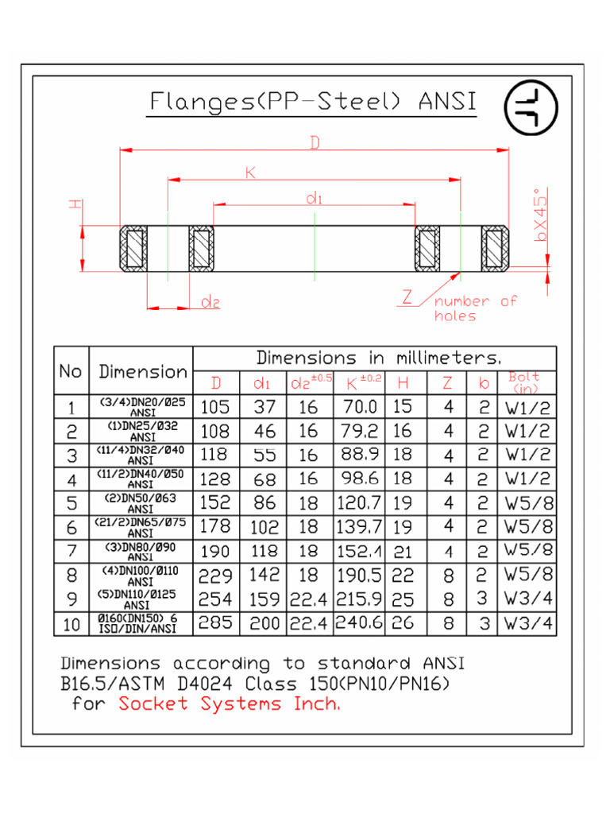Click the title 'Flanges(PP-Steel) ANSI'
point(313,103)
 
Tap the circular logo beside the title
point(531,107)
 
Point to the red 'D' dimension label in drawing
point(315,142)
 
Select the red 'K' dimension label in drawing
point(249,172)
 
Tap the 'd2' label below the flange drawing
point(210,301)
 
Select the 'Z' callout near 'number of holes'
point(407,298)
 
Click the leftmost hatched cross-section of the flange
point(132,248)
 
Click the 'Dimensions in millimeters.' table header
point(378,358)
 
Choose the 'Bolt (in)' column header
point(525,382)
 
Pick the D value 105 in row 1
point(214,408)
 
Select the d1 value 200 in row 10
point(264,624)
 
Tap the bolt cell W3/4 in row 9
point(527,599)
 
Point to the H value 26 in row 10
point(403,623)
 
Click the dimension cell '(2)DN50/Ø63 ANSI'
point(141,503)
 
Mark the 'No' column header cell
point(71,371)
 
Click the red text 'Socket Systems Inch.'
point(229,704)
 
